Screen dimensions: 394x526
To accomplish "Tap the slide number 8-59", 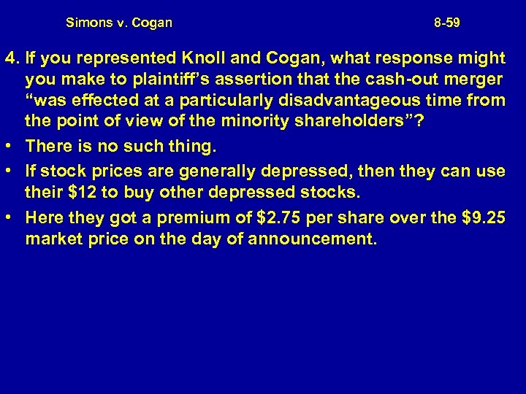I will click(446, 23).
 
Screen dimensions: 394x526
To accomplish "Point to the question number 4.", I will click(9, 57).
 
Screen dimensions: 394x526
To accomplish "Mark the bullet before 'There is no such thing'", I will click(10, 146).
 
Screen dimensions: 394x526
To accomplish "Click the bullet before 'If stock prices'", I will click(10, 171).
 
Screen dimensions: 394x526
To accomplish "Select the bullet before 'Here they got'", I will click(10, 217).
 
